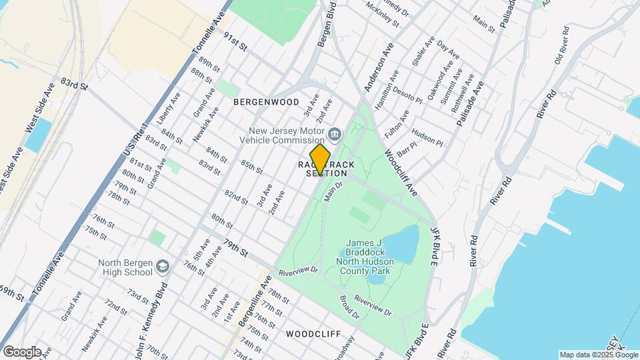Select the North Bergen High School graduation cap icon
[162, 267]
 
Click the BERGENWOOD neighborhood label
[266, 102]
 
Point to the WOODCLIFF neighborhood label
[313, 333]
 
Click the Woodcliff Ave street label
[401, 171]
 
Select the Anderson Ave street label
[379, 73]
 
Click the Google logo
[22, 351]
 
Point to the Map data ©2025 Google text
[598, 355]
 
